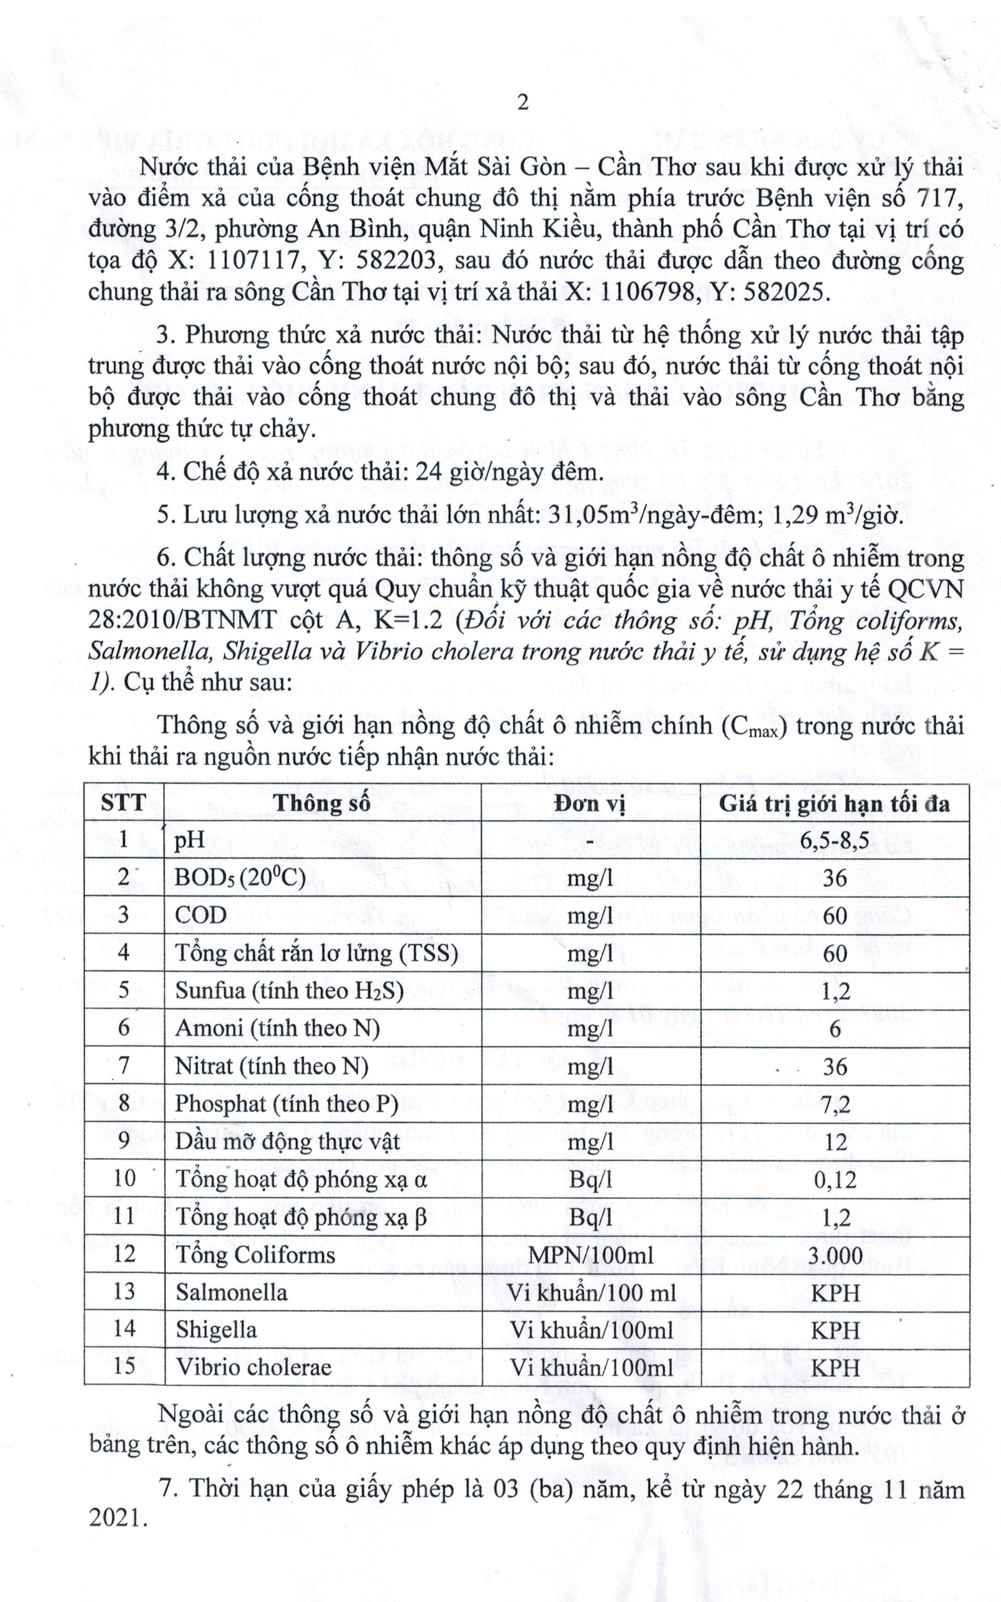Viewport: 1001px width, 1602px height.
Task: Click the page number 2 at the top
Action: pyautogui.click(x=523, y=104)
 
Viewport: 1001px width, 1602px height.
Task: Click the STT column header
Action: pyautogui.click(x=124, y=803)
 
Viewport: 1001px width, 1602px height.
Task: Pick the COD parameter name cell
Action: pyautogui.click(x=200, y=915)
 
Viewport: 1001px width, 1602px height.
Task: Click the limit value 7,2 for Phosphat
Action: pyautogui.click(x=835, y=1103)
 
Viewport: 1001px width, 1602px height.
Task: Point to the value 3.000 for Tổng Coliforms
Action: pyautogui.click(x=835, y=1255)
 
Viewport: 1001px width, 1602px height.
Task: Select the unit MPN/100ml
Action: pyautogui.click(x=590, y=1255)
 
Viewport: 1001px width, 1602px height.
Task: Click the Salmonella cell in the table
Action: pyautogui.click(x=231, y=1292)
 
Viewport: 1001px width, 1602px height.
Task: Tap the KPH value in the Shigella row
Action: pyautogui.click(x=835, y=1330)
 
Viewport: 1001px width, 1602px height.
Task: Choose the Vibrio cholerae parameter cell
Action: pyautogui.click(x=253, y=1367)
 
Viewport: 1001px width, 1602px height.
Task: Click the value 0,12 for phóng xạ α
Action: pyautogui.click(x=835, y=1180)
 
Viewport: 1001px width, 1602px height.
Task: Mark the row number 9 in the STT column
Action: pyautogui.click(x=124, y=1141)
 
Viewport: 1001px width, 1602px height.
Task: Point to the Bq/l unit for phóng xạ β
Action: pyautogui.click(x=590, y=1218)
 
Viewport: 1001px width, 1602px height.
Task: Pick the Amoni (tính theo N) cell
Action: pyautogui.click(x=277, y=1028)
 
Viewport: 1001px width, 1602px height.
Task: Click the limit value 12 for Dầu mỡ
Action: pyautogui.click(x=835, y=1142)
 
